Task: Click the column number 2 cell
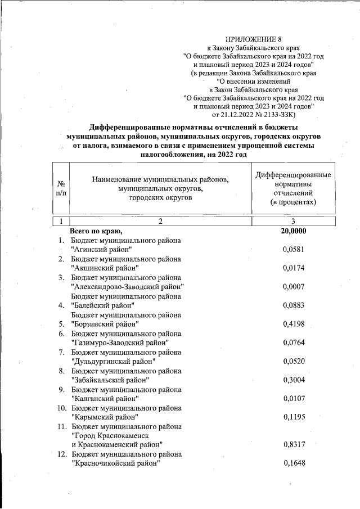pos(160,221)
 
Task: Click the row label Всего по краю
pos(96,231)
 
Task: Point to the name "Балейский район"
pos(104,305)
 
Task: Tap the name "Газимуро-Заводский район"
pos(120,342)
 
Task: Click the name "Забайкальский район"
pos(110,379)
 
